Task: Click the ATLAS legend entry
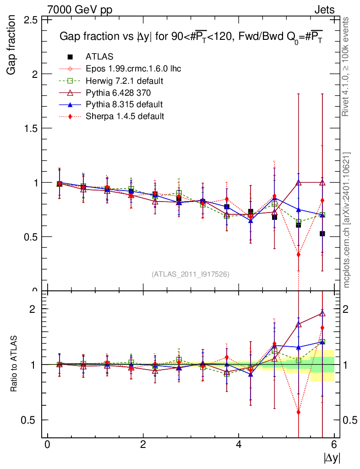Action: click(99, 57)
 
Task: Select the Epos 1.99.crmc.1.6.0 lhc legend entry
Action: click(133, 69)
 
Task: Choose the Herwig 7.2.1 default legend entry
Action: click(125, 81)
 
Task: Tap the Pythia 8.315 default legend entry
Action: click(124, 104)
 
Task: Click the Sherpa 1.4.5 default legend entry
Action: click(125, 116)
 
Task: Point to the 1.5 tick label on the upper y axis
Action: click(30, 128)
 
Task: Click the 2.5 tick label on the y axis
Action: click(30, 20)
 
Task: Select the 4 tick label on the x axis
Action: click(239, 445)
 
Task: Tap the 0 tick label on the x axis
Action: click(47, 445)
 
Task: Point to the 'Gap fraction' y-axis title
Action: click(11, 45)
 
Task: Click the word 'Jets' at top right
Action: click(324, 10)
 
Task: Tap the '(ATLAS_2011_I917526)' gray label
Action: click(191, 274)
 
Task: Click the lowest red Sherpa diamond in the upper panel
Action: click(299, 254)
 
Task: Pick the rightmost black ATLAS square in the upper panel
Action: click(322, 234)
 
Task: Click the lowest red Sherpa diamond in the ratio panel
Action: click(299, 412)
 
